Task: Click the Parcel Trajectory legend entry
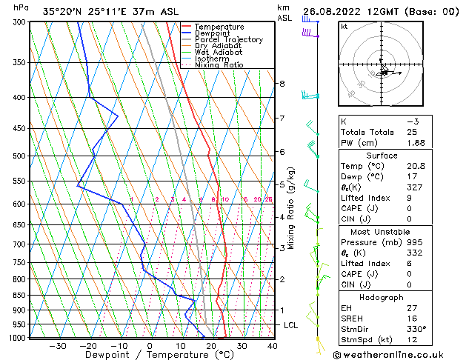228,39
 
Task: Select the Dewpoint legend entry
212,33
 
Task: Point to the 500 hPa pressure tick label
19,156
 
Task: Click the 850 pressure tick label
19,296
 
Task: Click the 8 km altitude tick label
282,84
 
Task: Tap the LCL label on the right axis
291,325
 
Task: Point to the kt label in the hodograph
344,26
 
